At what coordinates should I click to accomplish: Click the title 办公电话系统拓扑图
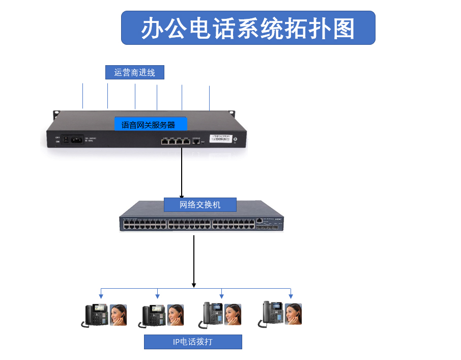(248, 28)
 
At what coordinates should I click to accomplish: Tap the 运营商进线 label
(135, 72)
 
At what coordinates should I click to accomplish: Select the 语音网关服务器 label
(151, 124)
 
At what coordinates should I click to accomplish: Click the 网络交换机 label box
(200, 205)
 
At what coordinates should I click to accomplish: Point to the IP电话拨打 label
(193, 342)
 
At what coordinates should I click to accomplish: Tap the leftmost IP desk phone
(96, 315)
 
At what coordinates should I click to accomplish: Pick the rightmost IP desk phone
(273, 314)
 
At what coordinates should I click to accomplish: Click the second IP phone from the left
(153, 315)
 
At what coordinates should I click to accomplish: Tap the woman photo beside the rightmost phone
(293, 314)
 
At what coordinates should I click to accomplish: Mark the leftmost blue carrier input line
(82, 96)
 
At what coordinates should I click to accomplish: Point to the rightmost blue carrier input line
(209, 98)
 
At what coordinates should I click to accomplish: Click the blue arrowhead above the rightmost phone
(291, 296)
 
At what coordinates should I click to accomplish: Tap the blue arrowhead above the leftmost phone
(101, 296)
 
